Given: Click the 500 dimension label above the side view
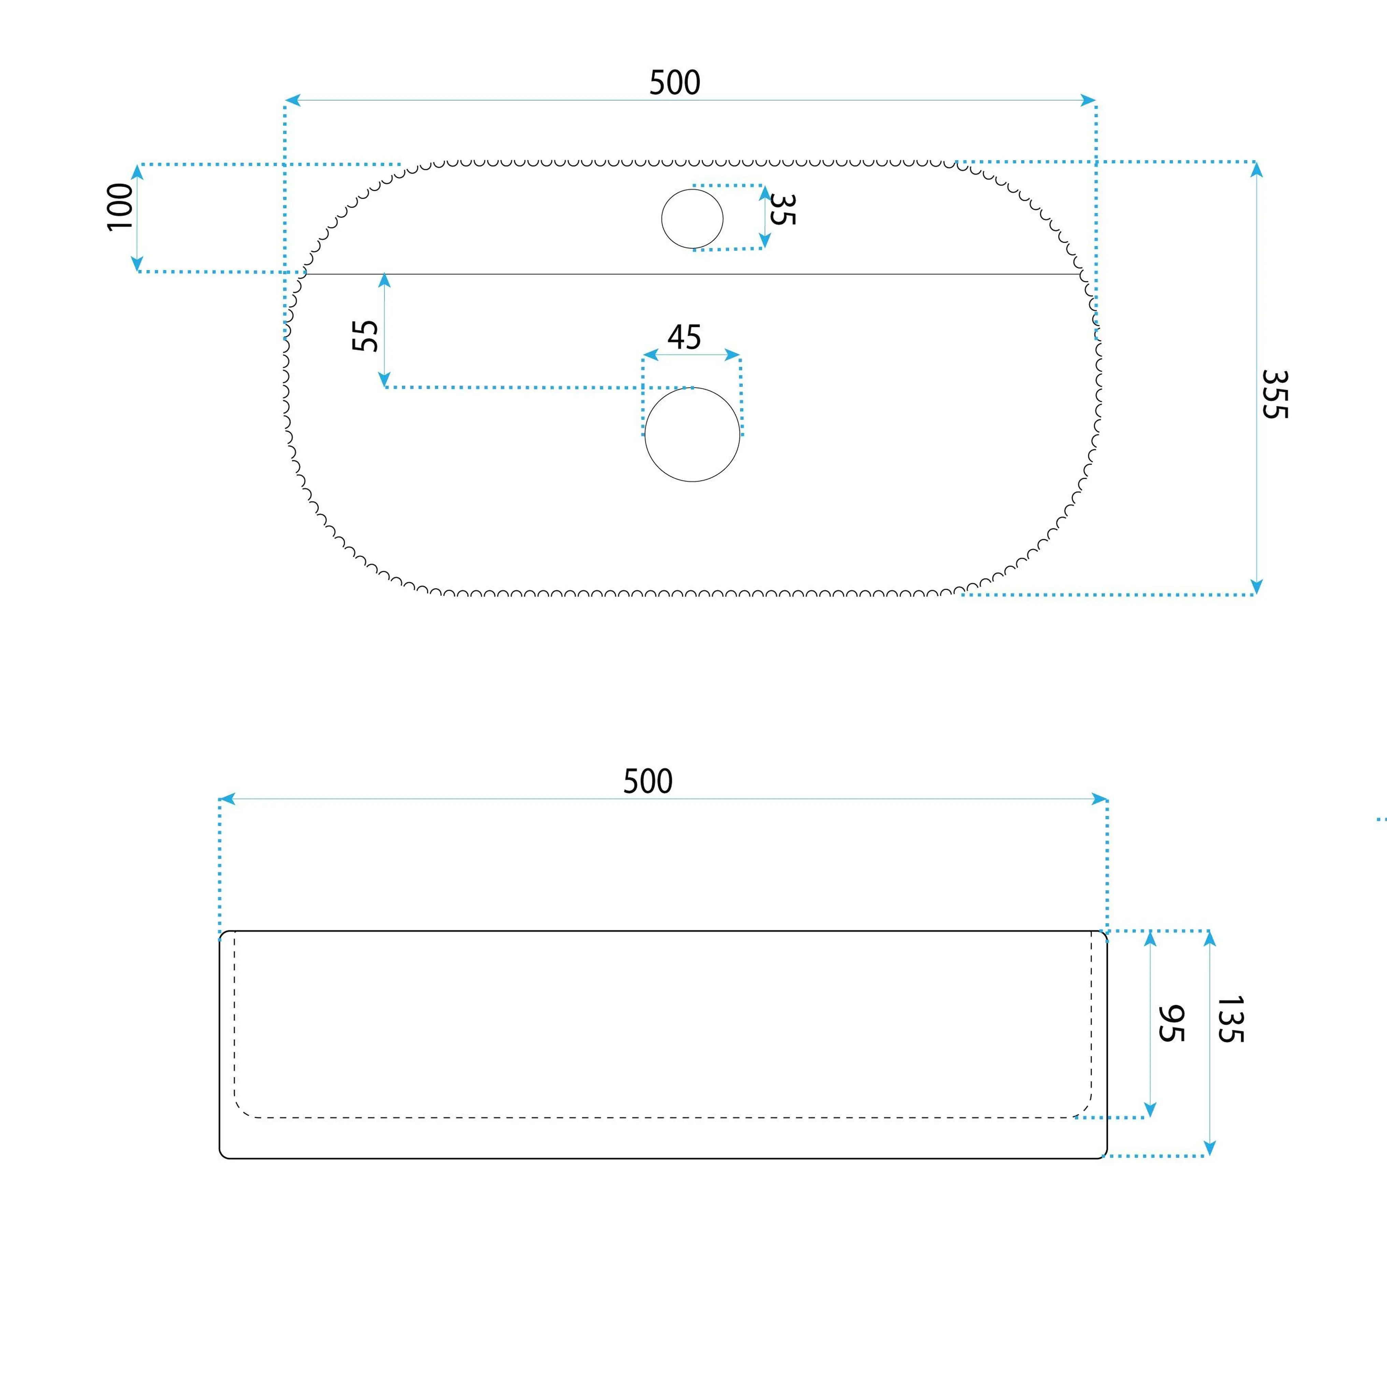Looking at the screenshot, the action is tap(647, 781).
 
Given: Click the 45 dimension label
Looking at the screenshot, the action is tap(684, 338).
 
